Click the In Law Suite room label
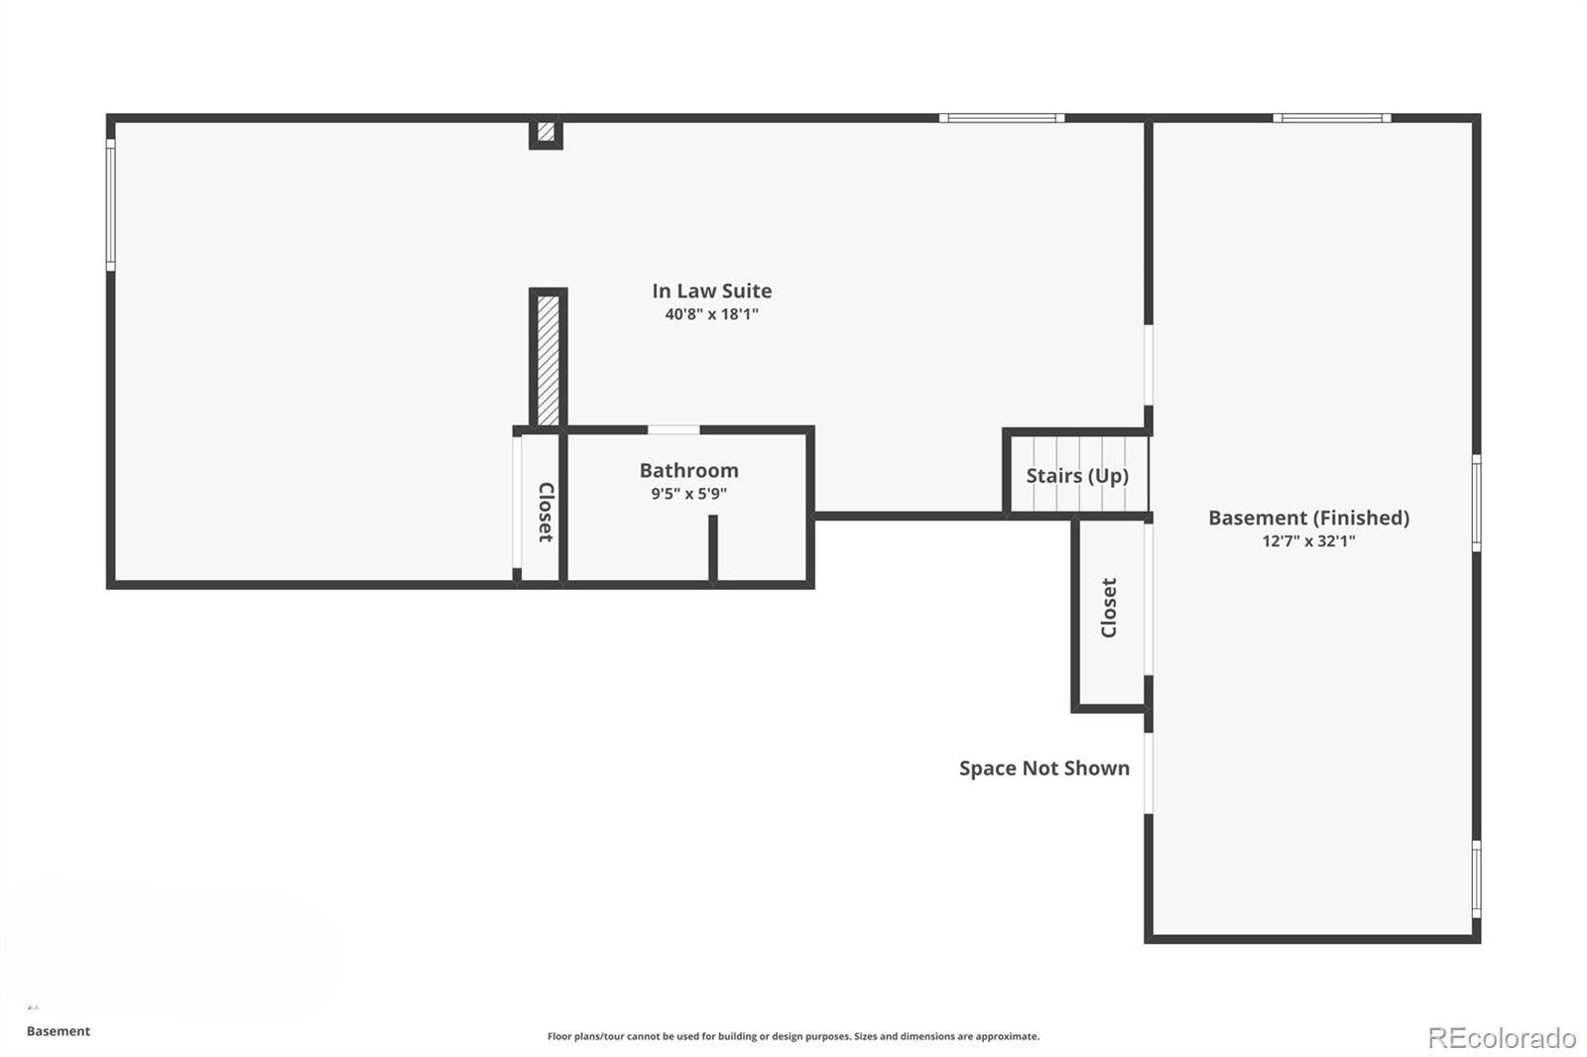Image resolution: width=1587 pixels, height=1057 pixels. tap(711, 292)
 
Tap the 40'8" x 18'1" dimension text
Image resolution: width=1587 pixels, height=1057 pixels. tap(711, 314)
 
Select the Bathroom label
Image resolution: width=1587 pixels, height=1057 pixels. tap(688, 470)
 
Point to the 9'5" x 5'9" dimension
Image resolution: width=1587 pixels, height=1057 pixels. tap(688, 493)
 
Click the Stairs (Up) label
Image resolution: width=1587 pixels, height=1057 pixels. tap(1077, 475)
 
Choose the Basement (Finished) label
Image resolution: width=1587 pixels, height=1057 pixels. tap(1308, 518)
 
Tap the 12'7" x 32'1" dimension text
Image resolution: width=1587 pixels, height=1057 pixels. tap(1308, 540)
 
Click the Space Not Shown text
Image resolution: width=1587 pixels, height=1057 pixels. tap(1044, 767)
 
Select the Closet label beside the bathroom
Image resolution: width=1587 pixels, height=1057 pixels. tap(546, 513)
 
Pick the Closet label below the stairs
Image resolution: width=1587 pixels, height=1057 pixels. tap(1109, 608)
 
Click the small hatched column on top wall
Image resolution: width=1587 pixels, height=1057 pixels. tap(546, 133)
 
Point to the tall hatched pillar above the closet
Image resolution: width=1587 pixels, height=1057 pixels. tap(548, 360)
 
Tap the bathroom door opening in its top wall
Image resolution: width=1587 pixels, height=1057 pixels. tap(673, 430)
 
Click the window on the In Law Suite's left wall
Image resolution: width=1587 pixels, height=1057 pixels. tap(110, 204)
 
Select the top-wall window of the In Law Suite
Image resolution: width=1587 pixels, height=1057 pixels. tap(1002, 118)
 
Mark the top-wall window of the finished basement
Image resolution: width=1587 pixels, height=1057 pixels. tap(1331, 118)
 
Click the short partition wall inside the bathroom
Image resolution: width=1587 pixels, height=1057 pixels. tap(713, 548)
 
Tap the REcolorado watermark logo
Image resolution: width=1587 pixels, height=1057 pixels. tap(1502, 1038)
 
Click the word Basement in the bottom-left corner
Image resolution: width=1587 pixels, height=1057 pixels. tap(59, 1031)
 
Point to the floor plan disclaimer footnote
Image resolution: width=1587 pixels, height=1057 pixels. tap(793, 1036)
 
